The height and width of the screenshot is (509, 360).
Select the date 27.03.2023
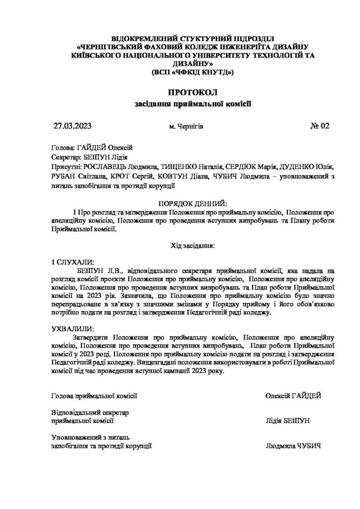[x=73, y=126]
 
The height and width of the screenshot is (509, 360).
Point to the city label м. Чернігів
[x=186, y=127]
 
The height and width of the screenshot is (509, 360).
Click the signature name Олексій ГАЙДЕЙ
[x=294, y=396]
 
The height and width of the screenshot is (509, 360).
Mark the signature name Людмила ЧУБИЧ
[x=293, y=446]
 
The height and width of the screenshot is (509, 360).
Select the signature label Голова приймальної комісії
[x=94, y=396]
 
